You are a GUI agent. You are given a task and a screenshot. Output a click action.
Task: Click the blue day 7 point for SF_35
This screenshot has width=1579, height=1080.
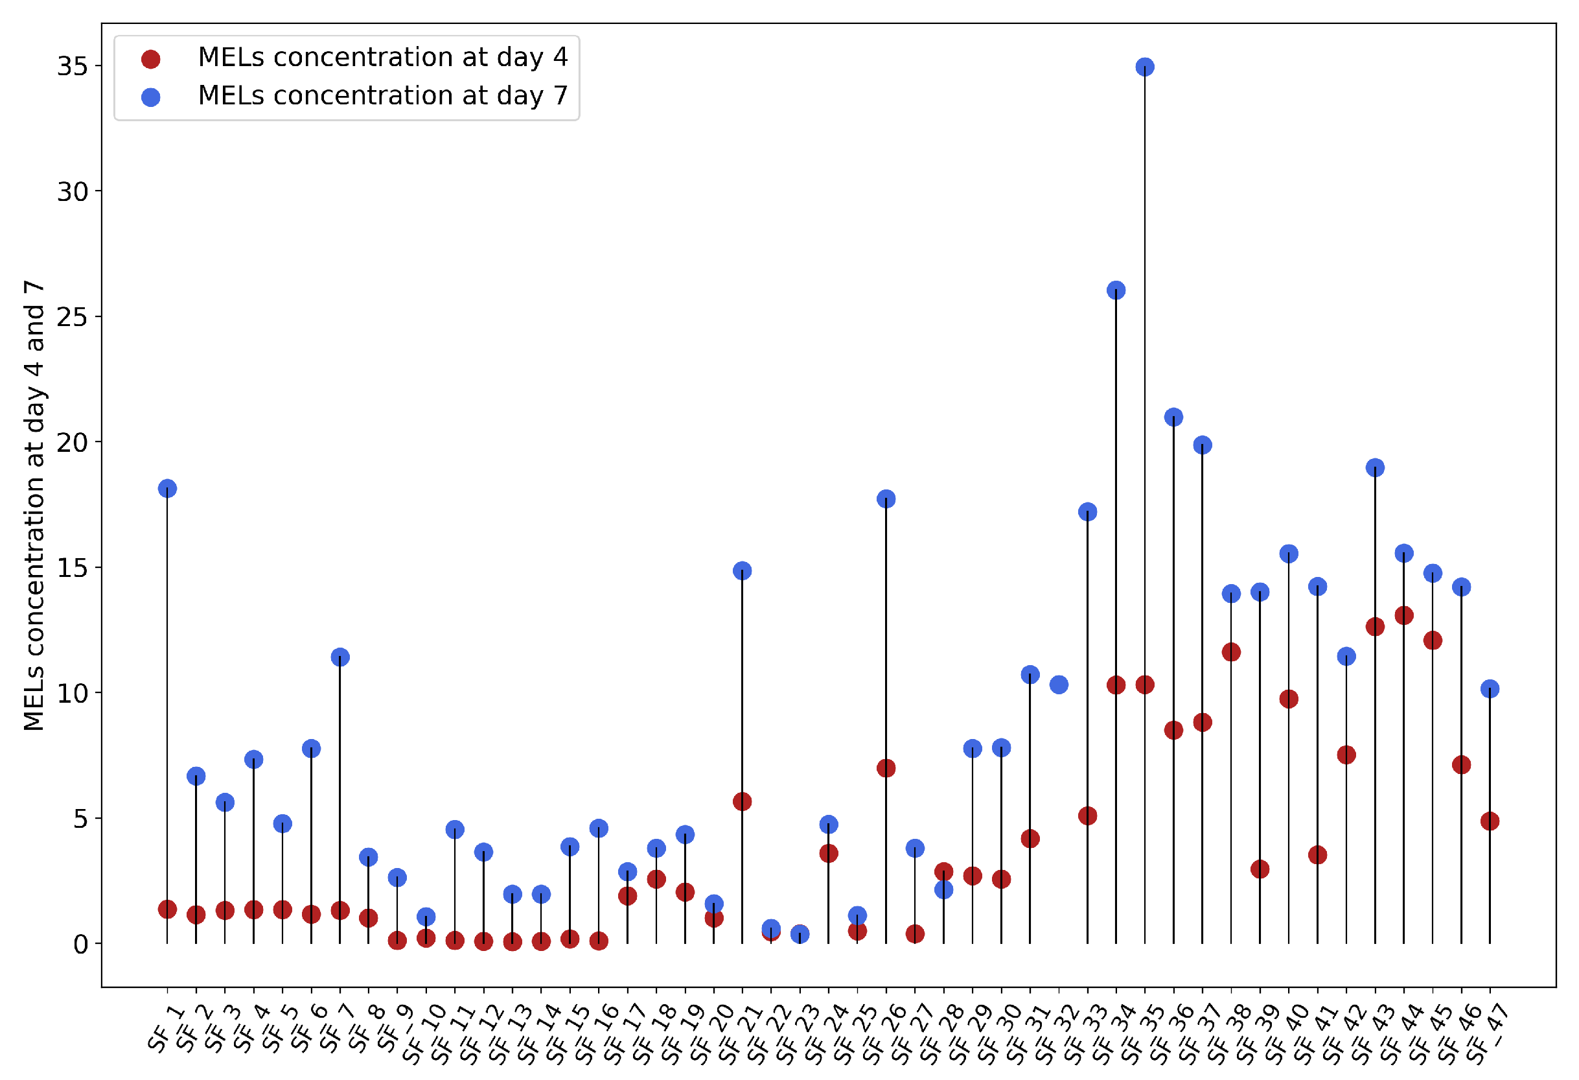[x=1144, y=67]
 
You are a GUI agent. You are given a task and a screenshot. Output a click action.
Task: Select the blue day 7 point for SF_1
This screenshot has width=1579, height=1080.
[x=167, y=489]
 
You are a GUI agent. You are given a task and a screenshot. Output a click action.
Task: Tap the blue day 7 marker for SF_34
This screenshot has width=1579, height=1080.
[x=1116, y=290]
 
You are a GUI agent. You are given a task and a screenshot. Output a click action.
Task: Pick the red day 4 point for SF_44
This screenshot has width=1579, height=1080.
[x=1403, y=616]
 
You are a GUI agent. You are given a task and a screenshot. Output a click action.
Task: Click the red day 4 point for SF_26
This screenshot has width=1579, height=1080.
[x=886, y=769]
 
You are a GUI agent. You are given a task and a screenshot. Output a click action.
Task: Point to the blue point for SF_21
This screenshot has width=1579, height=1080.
[x=742, y=571]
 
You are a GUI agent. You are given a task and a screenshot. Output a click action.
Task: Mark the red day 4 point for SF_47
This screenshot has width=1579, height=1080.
[x=1490, y=821]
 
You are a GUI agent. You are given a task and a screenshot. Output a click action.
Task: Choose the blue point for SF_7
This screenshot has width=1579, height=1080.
[x=340, y=657]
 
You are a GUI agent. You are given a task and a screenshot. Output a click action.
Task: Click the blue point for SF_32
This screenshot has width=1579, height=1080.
[x=1059, y=685]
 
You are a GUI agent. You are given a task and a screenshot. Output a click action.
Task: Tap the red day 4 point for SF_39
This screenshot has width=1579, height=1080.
[x=1260, y=869]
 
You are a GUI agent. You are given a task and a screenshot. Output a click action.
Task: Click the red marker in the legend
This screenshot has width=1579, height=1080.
[x=151, y=59]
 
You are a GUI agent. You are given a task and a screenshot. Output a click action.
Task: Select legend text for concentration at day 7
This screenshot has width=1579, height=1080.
[x=382, y=96]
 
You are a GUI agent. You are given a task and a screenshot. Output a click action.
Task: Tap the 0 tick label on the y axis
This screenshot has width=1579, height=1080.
[x=81, y=945]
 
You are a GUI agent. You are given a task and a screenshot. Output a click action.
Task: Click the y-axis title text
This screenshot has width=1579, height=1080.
[x=34, y=506]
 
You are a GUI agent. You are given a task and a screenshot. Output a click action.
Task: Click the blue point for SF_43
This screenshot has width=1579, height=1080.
[x=1375, y=467]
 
